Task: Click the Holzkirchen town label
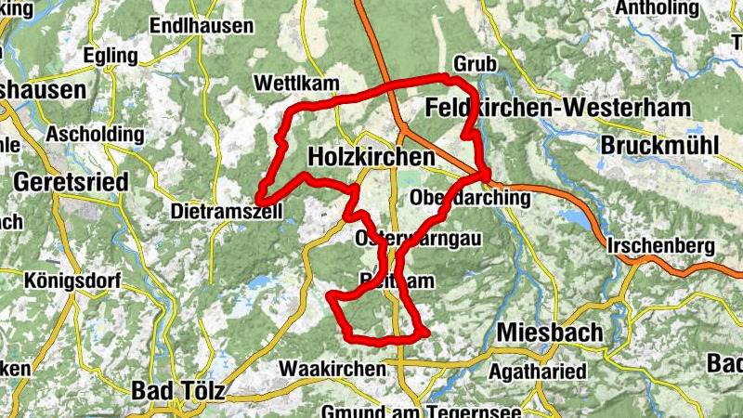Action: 370,157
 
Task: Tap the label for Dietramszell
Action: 227,213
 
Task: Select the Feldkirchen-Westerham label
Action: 557,108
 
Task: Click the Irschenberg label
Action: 660,246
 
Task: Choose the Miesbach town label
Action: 549,332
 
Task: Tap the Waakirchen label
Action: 332,369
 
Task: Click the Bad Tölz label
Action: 177,390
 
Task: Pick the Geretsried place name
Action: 72,181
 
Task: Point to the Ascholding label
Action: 95,134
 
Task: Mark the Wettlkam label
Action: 295,84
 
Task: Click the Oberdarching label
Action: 470,198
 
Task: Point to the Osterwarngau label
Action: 418,239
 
